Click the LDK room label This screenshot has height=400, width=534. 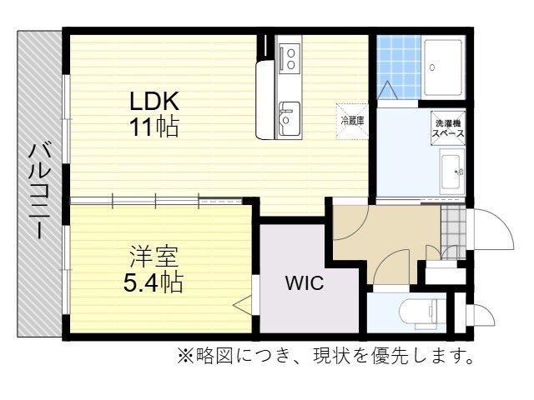point(154,101)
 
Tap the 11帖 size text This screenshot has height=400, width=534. point(154,126)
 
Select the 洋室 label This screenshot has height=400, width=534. point(154,257)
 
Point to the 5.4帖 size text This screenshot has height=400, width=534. point(154,282)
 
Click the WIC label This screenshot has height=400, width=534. point(305,282)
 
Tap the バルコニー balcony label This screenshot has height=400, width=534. point(40,192)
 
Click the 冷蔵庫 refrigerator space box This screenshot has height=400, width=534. point(352,122)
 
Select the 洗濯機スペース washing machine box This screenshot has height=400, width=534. point(448,128)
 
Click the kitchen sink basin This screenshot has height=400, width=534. point(290,118)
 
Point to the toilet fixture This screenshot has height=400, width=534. point(421,313)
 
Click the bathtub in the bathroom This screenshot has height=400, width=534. point(443,67)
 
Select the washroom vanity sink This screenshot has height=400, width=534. point(452,172)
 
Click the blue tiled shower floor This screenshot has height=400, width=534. point(399,67)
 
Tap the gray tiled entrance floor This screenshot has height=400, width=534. point(453,232)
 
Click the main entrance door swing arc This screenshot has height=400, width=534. point(504,223)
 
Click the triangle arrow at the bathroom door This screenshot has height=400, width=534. point(387,90)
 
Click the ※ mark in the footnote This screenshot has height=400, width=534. point(185,356)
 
